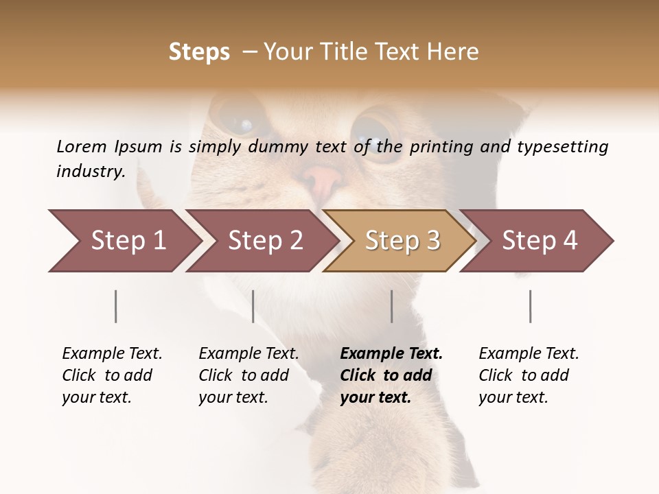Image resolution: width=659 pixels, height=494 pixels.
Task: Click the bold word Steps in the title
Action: click(x=199, y=52)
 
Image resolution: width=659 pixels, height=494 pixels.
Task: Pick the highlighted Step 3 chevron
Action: click(x=402, y=241)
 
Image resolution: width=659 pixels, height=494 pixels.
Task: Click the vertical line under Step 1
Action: click(x=116, y=306)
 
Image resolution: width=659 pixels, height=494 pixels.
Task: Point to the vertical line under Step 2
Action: click(x=253, y=306)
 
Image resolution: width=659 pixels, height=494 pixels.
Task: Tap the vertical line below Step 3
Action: click(x=392, y=306)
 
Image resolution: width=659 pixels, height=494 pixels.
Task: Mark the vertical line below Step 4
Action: click(x=531, y=306)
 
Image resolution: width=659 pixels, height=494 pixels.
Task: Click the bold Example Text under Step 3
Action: click(x=391, y=354)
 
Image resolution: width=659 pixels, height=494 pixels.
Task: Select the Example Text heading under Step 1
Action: click(x=112, y=354)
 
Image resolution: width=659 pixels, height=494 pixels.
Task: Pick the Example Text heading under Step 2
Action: click(x=248, y=354)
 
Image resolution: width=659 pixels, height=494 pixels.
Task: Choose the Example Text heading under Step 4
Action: click(x=529, y=354)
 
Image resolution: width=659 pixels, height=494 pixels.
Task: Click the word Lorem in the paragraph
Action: click(x=82, y=146)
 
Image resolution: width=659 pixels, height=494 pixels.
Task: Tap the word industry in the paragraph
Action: click(x=91, y=172)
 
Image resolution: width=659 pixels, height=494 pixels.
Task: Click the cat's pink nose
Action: click(x=322, y=180)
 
